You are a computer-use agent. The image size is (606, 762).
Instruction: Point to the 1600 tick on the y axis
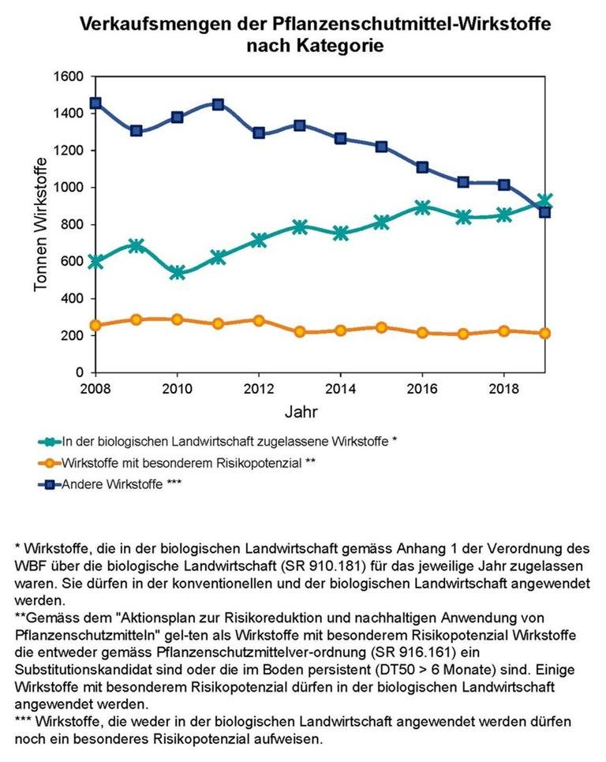coord(69,77)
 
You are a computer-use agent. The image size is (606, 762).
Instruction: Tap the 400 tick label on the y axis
coord(73,299)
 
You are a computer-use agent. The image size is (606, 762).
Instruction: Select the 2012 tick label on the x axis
coord(259,389)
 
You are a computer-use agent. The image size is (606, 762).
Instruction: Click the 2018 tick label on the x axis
coord(503,389)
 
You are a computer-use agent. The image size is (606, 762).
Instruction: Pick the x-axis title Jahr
coord(300,412)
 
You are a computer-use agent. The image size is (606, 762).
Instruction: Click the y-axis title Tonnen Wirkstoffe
coord(40,225)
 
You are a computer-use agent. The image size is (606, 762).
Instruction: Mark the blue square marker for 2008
coord(95,103)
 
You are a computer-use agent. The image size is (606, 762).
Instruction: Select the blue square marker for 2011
coord(218,104)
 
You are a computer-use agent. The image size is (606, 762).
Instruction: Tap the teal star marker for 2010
coord(177,272)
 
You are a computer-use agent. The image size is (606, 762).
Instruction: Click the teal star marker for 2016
coord(422,207)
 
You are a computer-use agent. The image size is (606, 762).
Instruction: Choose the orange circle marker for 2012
coord(259,320)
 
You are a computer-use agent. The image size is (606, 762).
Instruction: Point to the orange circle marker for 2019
coord(544,333)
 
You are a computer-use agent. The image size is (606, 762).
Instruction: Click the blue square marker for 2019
coord(544,211)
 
